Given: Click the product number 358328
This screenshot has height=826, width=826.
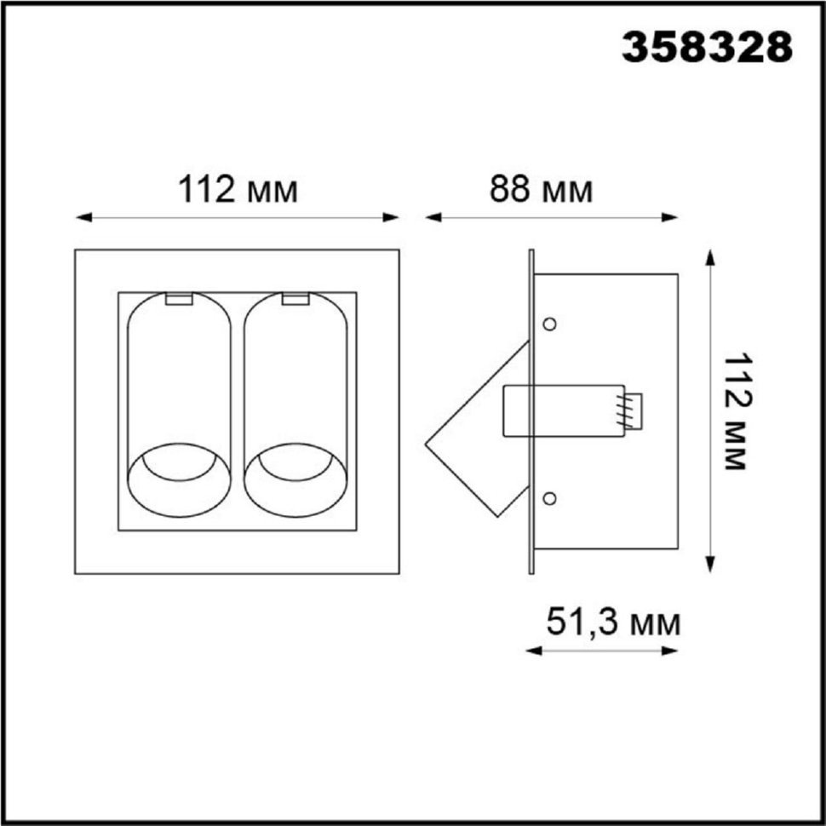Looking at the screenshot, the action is (708, 47).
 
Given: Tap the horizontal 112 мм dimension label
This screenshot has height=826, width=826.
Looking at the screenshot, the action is (238, 190).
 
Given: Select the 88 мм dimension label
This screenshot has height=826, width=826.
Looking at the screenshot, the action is (541, 190).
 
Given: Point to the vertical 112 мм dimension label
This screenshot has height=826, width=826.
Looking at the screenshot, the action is (734, 412).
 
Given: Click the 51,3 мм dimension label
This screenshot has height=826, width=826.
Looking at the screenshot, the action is (614, 622).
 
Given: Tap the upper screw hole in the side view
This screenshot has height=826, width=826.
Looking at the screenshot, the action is (549, 324).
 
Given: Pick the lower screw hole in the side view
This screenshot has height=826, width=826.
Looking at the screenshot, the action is (549, 498).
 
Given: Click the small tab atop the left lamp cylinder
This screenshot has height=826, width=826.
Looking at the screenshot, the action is (179, 299).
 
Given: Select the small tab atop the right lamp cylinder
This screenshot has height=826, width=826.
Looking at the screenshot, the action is (295, 299).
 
